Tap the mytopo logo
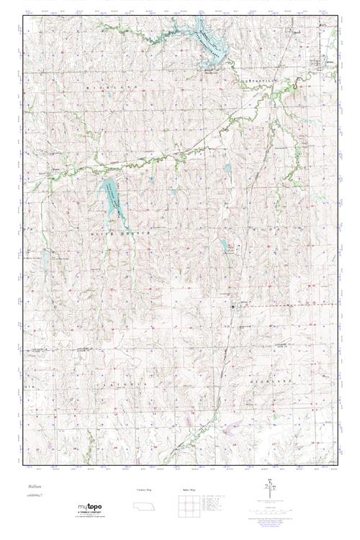(x=91, y=509)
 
